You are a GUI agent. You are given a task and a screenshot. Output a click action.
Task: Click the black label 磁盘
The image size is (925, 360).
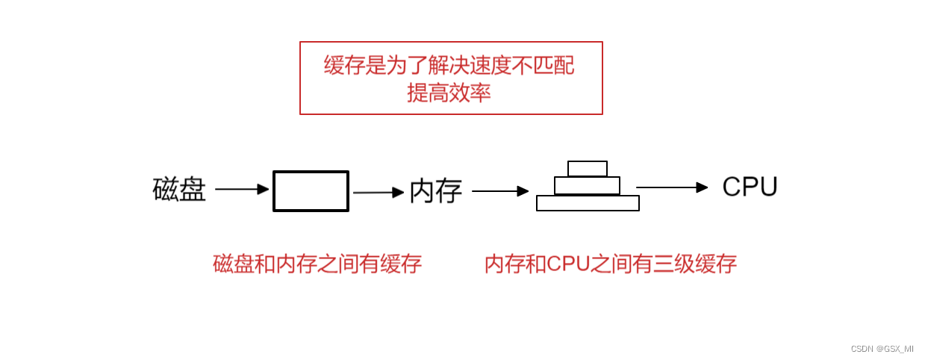[x=179, y=189]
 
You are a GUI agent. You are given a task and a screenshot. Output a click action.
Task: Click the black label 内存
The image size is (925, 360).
[x=436, y=191]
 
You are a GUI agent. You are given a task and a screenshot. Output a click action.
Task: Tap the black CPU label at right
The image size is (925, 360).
[x=750, y=187]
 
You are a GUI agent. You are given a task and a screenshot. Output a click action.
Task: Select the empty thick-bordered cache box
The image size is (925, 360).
[x=311, y=191]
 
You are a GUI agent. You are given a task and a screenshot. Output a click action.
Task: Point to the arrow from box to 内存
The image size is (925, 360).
[x=378, y=193]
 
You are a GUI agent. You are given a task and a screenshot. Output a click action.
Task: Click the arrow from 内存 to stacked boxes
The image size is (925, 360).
[x=499, y=191]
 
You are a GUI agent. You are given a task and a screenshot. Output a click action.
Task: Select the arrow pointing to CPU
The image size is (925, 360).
[x=671, y=187]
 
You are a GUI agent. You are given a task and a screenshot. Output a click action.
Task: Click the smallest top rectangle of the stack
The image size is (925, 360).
[x=587, y=169]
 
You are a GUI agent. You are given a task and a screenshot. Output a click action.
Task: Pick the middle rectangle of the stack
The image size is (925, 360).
[x=587, y=185]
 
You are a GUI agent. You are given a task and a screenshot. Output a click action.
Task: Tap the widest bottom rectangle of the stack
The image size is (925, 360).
[x=588, y=203]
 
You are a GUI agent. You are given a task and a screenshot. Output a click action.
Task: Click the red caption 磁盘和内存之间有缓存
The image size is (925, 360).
[x=317, y=264]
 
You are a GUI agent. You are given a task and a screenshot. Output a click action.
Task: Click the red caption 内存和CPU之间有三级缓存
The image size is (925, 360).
[x=610, y=264]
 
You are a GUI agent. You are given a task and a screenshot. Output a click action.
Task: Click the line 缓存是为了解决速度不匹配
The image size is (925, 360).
[x=449, y=66]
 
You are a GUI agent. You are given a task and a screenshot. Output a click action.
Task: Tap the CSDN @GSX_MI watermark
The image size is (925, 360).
[x=882, y=349]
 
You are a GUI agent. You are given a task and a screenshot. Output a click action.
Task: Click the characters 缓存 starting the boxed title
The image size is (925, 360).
[x=344, y=66]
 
